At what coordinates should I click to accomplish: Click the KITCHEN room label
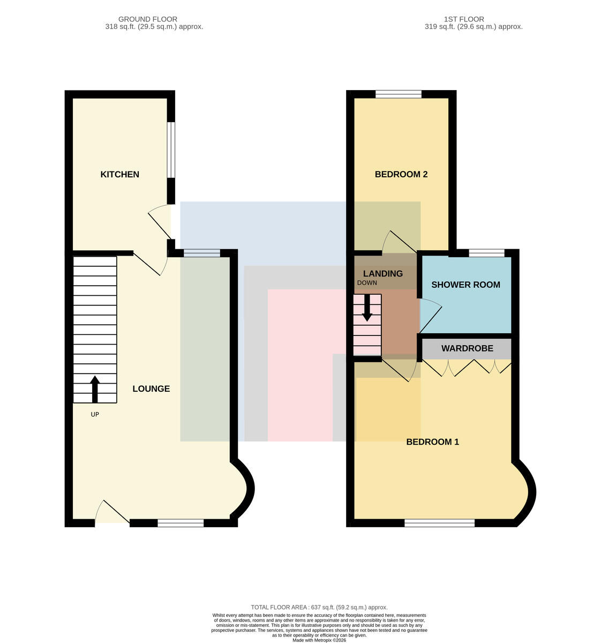119,174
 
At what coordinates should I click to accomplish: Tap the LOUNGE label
151,388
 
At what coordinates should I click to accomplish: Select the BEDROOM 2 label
401,174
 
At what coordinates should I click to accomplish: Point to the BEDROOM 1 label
432,442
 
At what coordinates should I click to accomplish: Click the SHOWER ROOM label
465,285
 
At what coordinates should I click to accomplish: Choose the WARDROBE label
467,348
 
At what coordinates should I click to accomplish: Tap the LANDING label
383,274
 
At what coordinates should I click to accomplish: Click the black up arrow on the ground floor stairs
95,389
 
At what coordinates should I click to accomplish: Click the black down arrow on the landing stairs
367,308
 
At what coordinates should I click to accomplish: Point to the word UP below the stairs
95,414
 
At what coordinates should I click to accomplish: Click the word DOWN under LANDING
367,283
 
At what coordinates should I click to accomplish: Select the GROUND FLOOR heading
148,19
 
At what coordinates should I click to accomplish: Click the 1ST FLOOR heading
464,19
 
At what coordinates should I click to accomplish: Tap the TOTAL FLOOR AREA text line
319,608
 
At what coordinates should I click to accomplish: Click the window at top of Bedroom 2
399,94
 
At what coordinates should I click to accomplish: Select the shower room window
486,253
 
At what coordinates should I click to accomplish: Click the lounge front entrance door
112,513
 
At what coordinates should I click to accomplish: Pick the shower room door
430,316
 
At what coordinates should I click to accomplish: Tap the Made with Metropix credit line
319,640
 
